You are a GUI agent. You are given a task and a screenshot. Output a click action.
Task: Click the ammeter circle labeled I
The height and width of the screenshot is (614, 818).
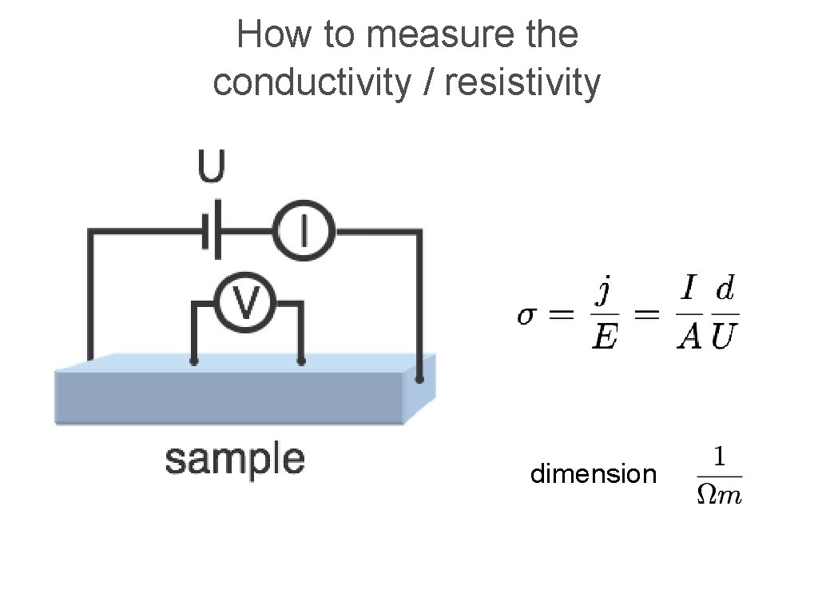coord(303,232)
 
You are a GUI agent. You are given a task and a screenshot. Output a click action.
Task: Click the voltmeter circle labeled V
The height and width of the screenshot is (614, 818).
coord(247,304)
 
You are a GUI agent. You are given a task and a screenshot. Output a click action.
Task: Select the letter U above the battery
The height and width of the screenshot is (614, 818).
coord(212,168)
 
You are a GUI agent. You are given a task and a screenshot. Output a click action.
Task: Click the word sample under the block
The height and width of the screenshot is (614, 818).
coord(234,460)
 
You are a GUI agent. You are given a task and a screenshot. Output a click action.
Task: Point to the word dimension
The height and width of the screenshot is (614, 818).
coord(593,474)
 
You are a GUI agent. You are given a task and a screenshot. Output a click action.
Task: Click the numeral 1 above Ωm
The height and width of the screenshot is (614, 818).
coord(719,457)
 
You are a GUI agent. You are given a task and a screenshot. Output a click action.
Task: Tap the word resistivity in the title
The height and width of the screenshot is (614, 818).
coord(522,82)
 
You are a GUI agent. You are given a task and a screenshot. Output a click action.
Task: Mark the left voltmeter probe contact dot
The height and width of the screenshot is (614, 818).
coord(194,362)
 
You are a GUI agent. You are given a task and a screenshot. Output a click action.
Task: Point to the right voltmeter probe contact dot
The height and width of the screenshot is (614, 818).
coord(301,362)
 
